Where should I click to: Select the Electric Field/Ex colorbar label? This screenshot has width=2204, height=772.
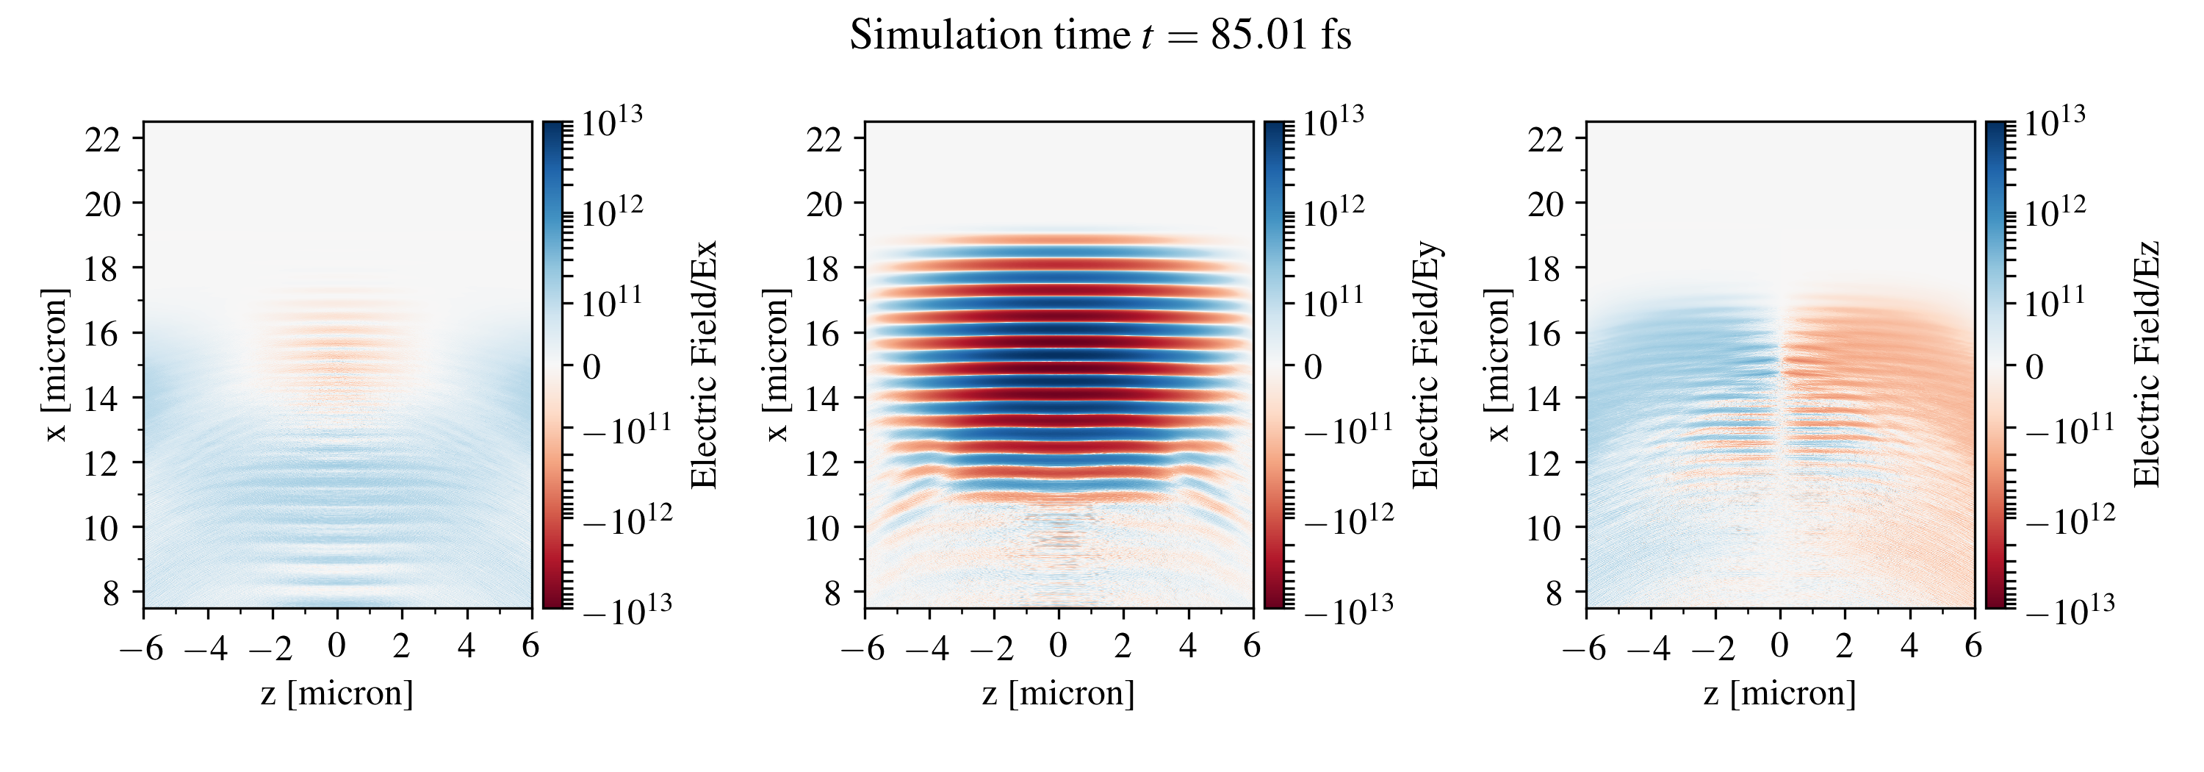point(703,365)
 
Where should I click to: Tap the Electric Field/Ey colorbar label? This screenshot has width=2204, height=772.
point(1425,365)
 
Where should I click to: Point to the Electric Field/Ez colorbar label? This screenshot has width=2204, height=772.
point(2147,365)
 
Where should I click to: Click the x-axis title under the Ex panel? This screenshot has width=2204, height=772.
point(337,693)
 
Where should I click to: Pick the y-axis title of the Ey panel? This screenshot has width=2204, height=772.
point(777,365)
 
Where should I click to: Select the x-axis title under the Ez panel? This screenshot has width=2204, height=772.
point(1779,693)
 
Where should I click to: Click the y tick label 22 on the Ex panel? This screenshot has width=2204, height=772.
point(103,139)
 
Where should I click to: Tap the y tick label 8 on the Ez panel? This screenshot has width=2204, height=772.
point(1554,593)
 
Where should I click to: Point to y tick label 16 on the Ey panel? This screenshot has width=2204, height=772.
point(824,333)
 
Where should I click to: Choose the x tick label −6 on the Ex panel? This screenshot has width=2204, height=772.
point(141,648)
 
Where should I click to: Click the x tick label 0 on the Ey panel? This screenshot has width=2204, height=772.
point(1059,646)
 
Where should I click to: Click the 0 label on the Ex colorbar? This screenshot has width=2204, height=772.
point(591,367)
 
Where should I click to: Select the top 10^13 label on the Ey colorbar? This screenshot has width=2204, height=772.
point(1333,121)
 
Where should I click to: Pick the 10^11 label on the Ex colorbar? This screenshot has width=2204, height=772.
point(612,301)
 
